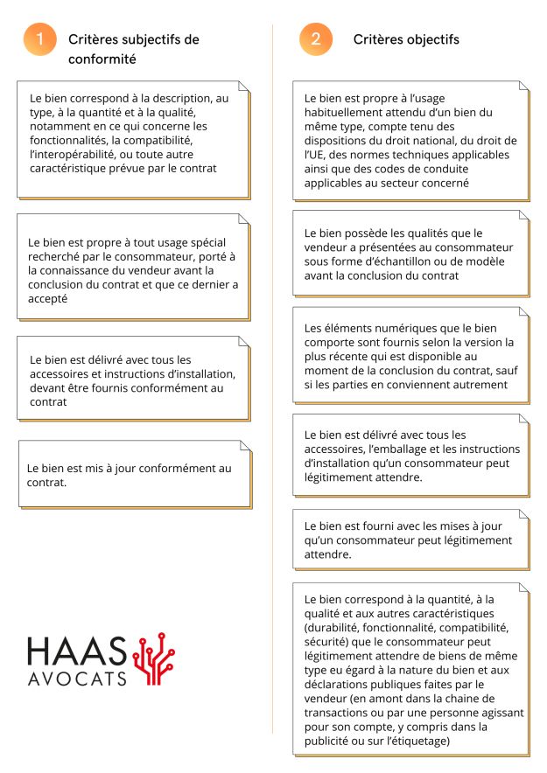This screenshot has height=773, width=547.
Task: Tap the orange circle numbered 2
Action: point(316,39)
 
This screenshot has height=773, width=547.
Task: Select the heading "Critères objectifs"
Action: point(406,39)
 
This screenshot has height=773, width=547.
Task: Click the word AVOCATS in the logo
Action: point(77,678)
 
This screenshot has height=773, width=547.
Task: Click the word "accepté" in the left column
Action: point(49,298)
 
